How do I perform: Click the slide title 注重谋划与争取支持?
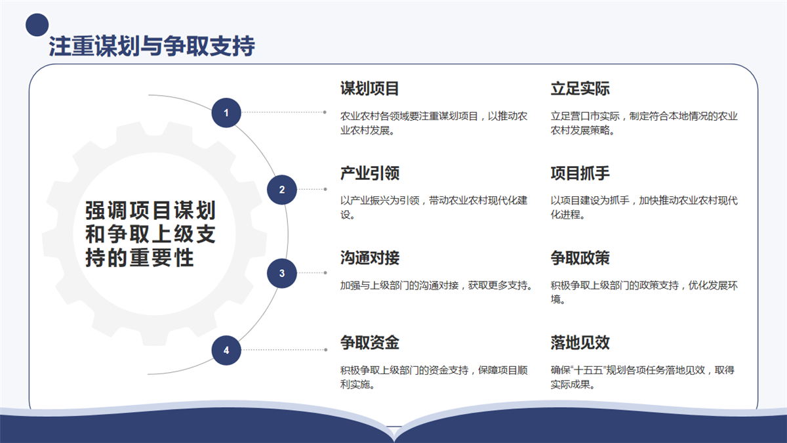pyautogui.click(x=151, y=46)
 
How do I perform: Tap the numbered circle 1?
pyautogui.click(x=226, y=112)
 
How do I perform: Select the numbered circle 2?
pyautogui.click(x=282, y=190)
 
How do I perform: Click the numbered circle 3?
pyautogui.click(x=282, y=273)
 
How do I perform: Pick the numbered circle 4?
pyautogui.click(x=226, y=350)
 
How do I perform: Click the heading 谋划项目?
pyautogui.click(x=370, y=88)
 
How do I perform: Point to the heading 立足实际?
pyautogui.click(x=580, y=88)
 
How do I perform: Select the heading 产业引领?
pyautogui.click(x=370, y=173)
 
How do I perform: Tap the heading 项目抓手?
pyautogui.click(x=580, y=173)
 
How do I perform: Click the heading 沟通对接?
pyautogui.click(x=370, y=258)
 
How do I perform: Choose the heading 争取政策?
pyautogui.click(x=580, y=258)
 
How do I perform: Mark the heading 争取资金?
pyautogui.click(x=370, y=343)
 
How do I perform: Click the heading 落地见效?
pyautogui.click(x=580, y=343)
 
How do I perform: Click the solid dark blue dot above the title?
pyautogui.click(x=37, y=25)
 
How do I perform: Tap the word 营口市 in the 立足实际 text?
pyautogui.click(x=585, y=116)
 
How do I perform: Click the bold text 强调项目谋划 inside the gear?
pyautogui.click(x=150, y=210)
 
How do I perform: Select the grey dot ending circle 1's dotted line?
pyautogui.click(x=325, y=112)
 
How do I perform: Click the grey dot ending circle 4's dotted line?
pyautogui.click(x=326, y=350)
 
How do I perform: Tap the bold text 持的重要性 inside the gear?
pyautogui.click(x=140, y=258)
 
